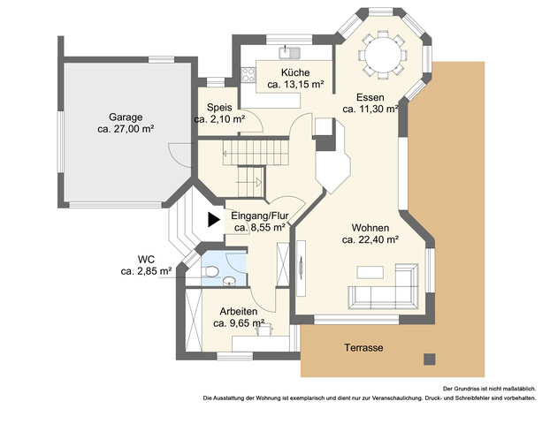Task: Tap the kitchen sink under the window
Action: coord(285,49)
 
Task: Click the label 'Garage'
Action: coord(126,117)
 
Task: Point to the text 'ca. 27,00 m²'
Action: coord(126,129)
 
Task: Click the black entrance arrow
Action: coord(212,220)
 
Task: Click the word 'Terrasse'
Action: coord(363,348)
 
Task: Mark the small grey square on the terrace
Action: coord(430,359)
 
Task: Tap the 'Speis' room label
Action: coord(218,107)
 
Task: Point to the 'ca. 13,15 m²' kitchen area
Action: coord(295,86)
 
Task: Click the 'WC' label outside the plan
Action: coord(146,259)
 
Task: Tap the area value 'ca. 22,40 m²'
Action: coord(370,238)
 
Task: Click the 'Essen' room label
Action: coord(370,97)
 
